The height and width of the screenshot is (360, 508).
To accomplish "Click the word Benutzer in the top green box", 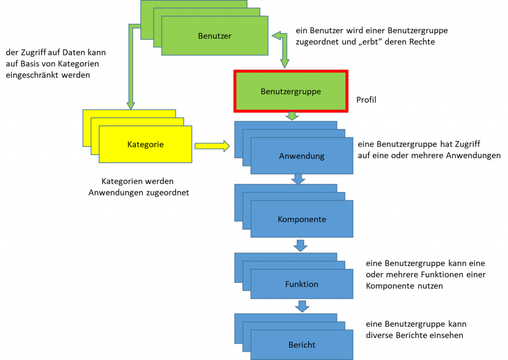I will tap(214, 36).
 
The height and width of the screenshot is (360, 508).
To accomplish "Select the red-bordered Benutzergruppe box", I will tap(291, 91).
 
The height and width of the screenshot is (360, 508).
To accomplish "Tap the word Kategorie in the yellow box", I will tap(145, 144).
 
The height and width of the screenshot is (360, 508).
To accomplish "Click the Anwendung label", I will tap(302, 156).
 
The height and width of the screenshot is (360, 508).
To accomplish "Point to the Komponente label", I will tap(302, 219).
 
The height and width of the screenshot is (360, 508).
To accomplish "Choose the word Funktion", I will tap(302, 284).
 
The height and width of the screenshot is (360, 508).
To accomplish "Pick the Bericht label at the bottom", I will tap(302, 345).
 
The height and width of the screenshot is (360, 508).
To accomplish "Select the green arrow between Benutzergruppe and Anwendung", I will tap(292, 116).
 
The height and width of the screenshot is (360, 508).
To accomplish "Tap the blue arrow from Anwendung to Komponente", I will tap(298, 179).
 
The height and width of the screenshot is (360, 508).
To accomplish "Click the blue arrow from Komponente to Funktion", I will tap(300, 245).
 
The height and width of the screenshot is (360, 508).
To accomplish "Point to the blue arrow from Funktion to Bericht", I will tap(302, 306).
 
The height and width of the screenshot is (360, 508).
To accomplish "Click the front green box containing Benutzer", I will tap(214, 45).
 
